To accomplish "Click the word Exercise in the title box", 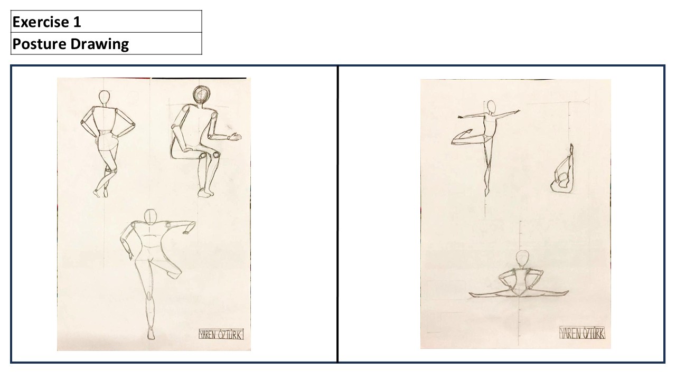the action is click(x=41, y=22).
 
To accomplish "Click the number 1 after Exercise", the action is click(x=77, y=22).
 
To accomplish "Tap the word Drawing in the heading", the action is click(x=100, y=44).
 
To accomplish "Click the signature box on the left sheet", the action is click(x=221, y=335).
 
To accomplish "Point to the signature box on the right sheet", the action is click(x=582, y=332).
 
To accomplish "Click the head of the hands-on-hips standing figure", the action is click(x=104, y=98).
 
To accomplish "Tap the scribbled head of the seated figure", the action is click(x=201, y=95).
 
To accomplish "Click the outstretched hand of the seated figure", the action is click(x=235, y=137).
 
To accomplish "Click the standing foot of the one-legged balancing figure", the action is click(x=151, y=334).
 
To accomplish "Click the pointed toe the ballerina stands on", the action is click(x=486, y=192).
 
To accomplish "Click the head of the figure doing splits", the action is click(x=522, y=259).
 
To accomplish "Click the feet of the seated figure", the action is click(x=206, y=193).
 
